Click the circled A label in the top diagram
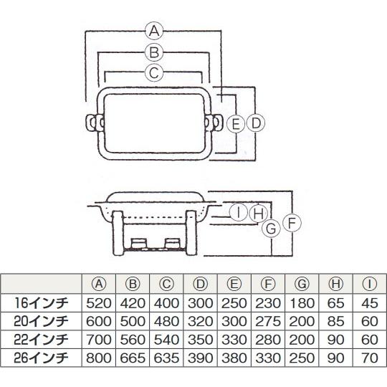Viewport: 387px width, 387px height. pos(154,32)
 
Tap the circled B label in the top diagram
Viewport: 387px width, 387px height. pos(154,52)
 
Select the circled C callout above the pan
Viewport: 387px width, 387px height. pos(154,73)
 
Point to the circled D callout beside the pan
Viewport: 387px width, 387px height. pos(255,123)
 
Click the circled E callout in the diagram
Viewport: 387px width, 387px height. pos(236,123)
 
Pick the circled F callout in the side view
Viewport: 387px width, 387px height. pos(292,223)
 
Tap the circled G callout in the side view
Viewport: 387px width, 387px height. pos(271,229)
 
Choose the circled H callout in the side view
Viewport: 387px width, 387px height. pos(258,214)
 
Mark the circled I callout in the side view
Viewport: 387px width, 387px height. pos(239,213)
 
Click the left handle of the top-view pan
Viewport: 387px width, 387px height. pos(95,123)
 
